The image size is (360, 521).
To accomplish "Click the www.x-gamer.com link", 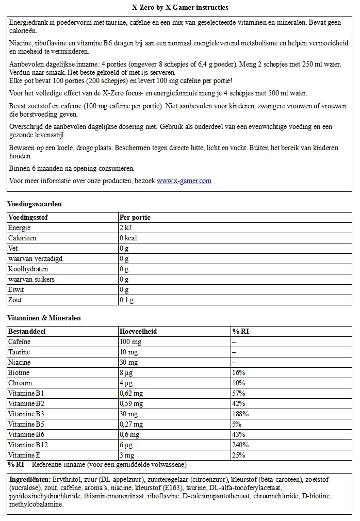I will click(184, 181).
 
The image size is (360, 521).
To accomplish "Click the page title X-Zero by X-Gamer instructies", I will click(180, 8).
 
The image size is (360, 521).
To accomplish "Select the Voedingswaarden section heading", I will click(35, 204).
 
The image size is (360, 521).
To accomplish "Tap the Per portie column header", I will click(135, 218).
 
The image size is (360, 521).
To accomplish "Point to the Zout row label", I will click(15, 300).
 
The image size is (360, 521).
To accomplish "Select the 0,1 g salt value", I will click(126, 300).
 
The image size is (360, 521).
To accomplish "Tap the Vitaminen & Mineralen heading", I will click(44, 318).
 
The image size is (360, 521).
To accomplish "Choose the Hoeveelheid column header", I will click(138, 332).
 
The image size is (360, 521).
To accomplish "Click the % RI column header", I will click(240, 332).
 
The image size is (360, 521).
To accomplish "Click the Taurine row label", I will click(19, 352).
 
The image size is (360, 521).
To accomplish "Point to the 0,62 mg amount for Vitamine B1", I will click(131, 394).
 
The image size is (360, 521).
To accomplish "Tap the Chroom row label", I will click(20, 383).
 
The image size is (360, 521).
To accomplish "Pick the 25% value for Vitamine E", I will click(238, 455).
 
